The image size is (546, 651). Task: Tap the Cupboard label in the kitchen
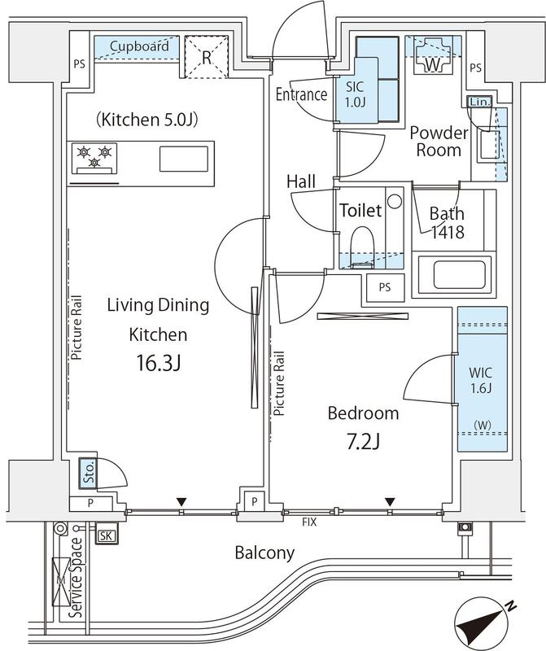tap(139, 46)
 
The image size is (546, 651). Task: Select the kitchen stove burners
tap(94, 156)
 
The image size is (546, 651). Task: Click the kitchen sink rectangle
tap(183, 158)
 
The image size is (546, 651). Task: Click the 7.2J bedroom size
tap(363, 443)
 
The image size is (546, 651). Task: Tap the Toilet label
tap(360, 211)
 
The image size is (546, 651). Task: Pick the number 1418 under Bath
tap(447, 233)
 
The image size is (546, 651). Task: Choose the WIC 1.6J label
tap(481, 381)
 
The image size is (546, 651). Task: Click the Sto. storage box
tap(87, 474)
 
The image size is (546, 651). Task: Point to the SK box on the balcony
tap(106, 535)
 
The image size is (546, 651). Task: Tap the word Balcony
tap(264, 553)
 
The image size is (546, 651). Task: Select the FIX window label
tap(309, 520)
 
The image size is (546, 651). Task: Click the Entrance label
tap(300, 94)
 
